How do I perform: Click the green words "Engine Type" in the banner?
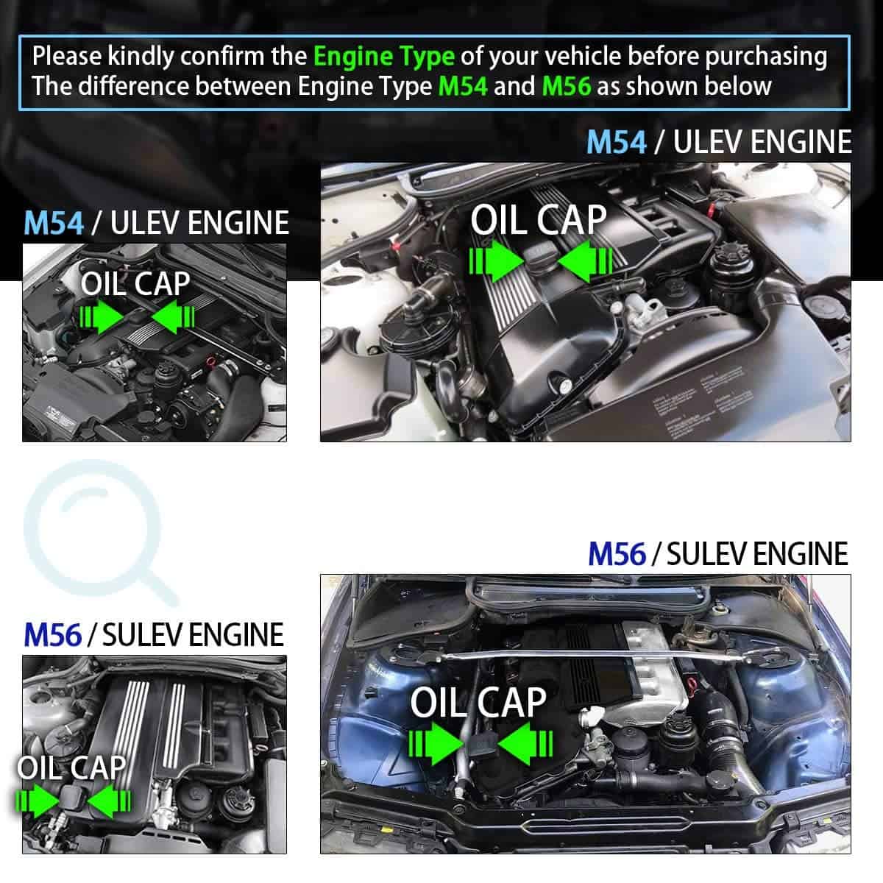coord(384,57)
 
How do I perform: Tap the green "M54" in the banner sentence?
coord(463,86)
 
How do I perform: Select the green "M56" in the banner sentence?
coord(567,86)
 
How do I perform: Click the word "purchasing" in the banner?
coord(766,57)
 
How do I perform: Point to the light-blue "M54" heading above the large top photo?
coord(617,142)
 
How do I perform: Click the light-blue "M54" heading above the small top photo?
coord(54,223)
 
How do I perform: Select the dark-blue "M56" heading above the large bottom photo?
coord(617,554)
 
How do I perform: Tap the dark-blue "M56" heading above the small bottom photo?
coord(53,634)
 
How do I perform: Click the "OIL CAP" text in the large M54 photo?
coord(539,221)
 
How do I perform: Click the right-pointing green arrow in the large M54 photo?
coord(497,262)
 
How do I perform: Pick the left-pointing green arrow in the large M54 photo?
coord(585,262)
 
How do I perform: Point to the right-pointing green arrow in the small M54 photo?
coord(102,316)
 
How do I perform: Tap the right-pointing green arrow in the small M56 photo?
coord(38,801)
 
